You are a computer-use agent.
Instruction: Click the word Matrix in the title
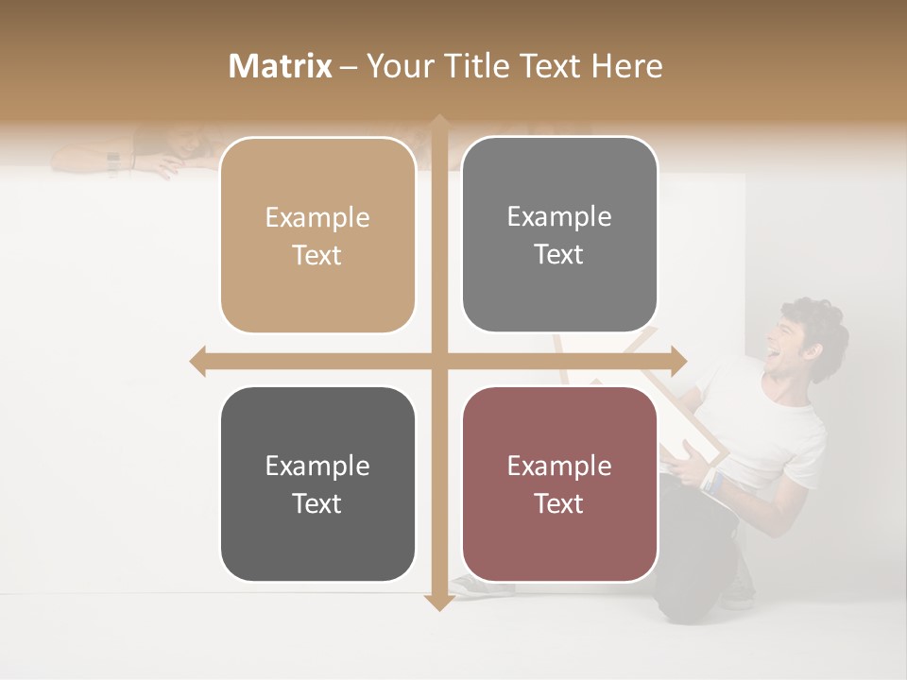[281, 66]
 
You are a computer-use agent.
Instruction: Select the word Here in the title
[626, 66]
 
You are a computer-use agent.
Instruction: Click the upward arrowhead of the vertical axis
[438, 123]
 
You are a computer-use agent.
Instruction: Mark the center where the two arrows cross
[438, 361]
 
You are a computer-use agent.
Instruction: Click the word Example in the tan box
[317, 218]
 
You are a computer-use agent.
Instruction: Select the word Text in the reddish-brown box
[559, 503]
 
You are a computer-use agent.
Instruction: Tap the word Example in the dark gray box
[317, 466]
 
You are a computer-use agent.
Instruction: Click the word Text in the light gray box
[559, 254]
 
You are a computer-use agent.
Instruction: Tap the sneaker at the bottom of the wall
[482, 586]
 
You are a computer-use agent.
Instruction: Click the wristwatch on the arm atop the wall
[113, 162]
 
